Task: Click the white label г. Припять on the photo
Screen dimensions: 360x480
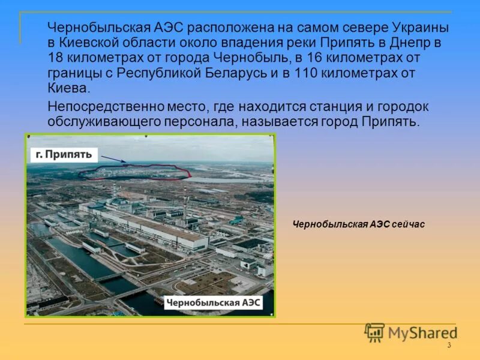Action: [x=64, y=154]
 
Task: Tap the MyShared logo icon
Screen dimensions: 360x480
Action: [x=374, y=332]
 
